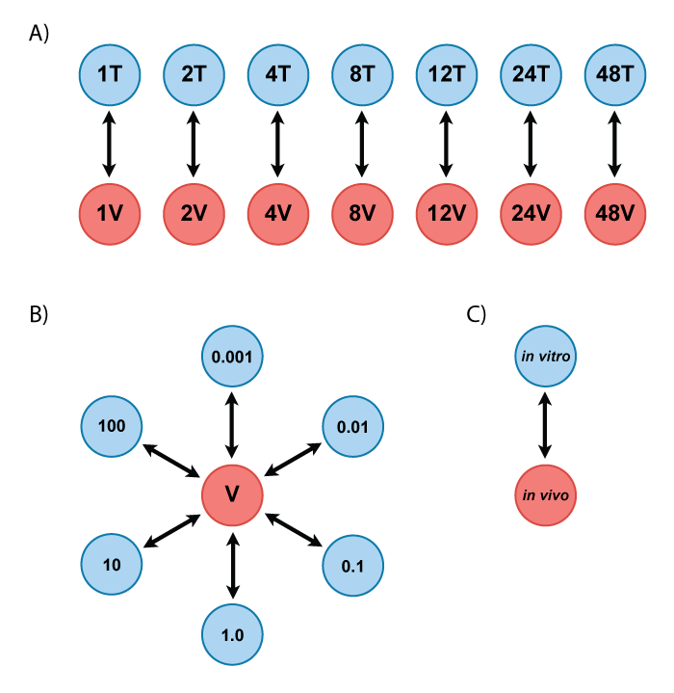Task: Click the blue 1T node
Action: tap(110, 74)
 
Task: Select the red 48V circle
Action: tap(615, 214)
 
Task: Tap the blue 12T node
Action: tap(446, 74)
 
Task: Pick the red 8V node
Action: tap(362, 214)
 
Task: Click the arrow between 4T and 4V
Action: tap(277, 144)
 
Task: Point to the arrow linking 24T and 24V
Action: tap(531, 144)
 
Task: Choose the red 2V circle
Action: tap(194, 214)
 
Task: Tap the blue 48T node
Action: tap(615, 74)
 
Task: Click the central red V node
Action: tap(232, 495)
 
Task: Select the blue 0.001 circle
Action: tap(232, 357)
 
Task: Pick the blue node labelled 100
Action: tap(112, 426)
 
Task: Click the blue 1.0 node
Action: tap(232, 634)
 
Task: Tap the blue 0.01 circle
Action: tap(352, 426)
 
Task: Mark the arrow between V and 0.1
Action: tap(294, 529)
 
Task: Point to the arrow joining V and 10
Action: tap(171, 530)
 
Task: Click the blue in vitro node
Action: tap(546, 357)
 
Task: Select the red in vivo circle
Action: tap(546, 495)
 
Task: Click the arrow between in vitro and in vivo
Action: tap(546, 426)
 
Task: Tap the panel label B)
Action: tap(39, 314)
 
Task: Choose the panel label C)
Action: tap(476, 314)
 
